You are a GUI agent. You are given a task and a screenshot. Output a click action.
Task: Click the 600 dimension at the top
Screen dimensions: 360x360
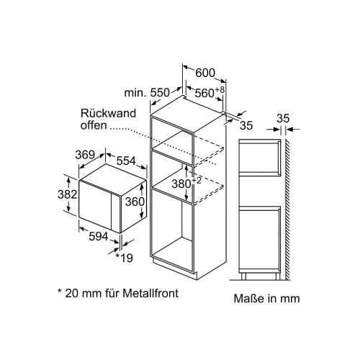pos(205,73)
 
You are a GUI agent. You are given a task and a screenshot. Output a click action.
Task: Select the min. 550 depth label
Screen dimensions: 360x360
pos(147,92)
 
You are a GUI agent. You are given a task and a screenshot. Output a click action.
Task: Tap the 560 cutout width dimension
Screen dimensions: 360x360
pos(204,93)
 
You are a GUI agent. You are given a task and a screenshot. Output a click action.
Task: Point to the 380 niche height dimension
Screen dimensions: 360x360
pos(181,184)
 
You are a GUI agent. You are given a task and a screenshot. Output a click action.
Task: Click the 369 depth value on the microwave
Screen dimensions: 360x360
pos(85,155)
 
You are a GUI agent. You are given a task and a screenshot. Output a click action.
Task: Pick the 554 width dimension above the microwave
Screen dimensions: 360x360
pos(126,161)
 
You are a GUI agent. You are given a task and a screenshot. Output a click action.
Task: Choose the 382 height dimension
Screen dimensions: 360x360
pos(68,194)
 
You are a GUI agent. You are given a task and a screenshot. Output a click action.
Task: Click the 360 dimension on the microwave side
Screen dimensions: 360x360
pos(135,202)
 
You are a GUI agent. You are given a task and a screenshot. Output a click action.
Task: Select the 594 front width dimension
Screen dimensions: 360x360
pos(99,237)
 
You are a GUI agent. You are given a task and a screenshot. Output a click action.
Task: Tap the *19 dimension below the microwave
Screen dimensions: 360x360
pos(125,258)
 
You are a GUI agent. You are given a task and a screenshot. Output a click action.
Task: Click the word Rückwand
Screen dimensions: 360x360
pos(108,113)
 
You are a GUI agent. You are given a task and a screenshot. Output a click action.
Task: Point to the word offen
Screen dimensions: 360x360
pos(94,125)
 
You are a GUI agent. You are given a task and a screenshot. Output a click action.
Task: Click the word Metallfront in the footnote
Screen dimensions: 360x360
pos(150,293)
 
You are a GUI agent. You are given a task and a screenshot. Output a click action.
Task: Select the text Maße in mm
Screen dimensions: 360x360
pos(267,299)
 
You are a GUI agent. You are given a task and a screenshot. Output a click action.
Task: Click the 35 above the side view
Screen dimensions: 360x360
pos(283,118)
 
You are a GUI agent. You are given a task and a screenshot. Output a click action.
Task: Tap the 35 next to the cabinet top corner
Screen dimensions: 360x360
pos(246,125)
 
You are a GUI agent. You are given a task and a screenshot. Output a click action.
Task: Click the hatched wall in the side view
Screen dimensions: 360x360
pos(288,210)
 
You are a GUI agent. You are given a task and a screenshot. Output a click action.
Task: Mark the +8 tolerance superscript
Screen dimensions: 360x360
pos(220,90)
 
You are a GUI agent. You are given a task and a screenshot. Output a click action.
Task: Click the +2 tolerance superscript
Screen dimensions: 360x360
pos(197,181)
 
